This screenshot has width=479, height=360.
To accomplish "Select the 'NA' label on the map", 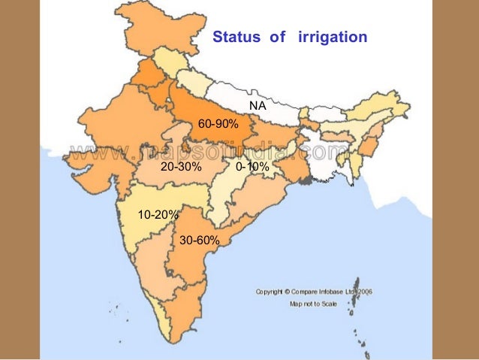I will coord(256,104).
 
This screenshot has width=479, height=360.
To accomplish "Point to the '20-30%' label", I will coord(181,167).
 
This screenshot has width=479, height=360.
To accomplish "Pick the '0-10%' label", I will coord(252,167).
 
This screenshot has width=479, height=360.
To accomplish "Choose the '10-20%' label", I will coord(158,215).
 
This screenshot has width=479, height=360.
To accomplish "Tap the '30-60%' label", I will coord(200,241).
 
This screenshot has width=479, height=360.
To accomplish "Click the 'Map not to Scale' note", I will coord(314,304).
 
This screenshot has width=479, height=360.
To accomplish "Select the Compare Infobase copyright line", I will coord(315,292).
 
